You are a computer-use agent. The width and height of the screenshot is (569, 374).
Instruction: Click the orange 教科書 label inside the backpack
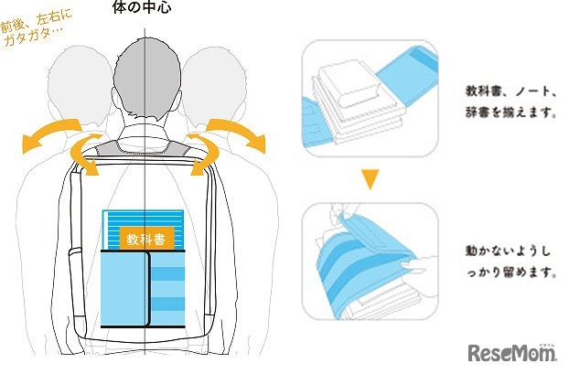tap(145, 240)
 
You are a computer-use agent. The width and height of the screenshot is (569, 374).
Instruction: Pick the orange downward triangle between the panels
tap(369, 180)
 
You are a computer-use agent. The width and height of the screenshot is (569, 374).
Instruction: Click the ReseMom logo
tap(513, 352)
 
